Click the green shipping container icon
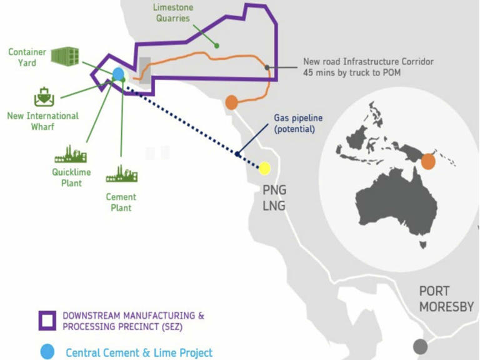(x=65, y=56)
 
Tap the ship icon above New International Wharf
(x=44, y=97)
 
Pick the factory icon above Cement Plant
(x=121, y=174)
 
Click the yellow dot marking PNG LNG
(x=264, y=168)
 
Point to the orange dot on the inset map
(x=428, y=162)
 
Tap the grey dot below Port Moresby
(x=420, y=346)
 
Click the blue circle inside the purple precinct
(x=119, y=74)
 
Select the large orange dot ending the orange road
(x=232, y=102)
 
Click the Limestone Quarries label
(x=173, y=12)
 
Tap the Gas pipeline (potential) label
(x=298, y=123)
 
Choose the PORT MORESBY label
(x=446, y=299)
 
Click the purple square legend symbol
(x=47, y=321)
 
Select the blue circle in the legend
(x=47, y=352)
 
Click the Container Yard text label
(x=27, y=57)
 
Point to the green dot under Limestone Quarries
(x=217, y=46)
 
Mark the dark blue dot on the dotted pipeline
(x=237, y=154)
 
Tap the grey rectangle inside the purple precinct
(x=145, y=71)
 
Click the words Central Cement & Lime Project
(x=139, y=352)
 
